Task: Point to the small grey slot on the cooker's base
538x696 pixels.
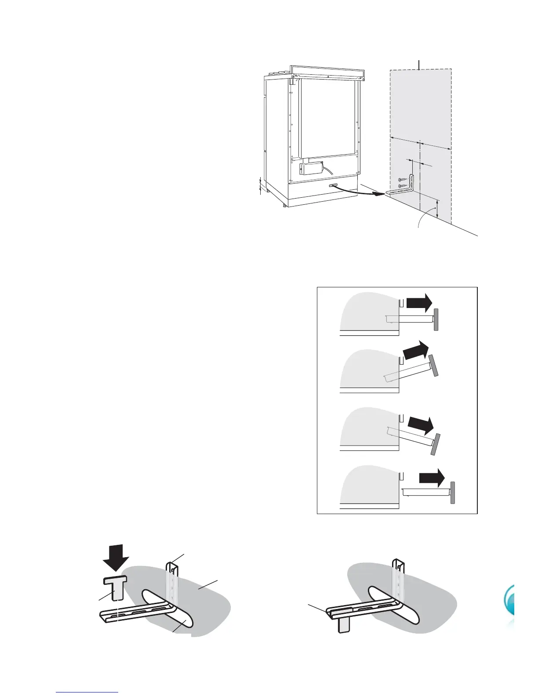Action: click(x=332, y=186)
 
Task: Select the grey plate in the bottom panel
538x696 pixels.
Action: click(x=452, y=492)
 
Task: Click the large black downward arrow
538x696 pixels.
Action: click(x=115, y=557)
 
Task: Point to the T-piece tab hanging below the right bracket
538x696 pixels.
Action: click(x=343, y=624)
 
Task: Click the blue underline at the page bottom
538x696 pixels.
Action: click(x=87, y=692)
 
